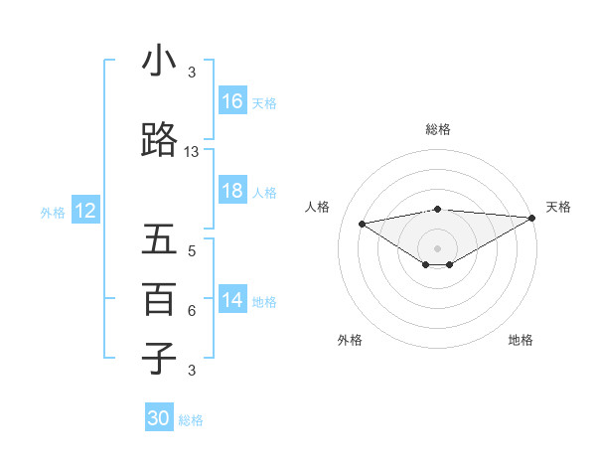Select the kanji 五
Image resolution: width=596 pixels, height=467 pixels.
(159, 240)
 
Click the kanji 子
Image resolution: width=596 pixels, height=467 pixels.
(159, 358)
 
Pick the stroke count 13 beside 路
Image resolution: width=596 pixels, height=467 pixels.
(192, 152)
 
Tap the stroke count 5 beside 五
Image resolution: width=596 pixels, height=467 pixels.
(192, 251)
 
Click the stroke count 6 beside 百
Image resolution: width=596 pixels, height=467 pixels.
(192, 311)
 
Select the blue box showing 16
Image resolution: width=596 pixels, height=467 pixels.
(232, 101)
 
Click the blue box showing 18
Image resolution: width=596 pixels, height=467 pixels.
(232, 191)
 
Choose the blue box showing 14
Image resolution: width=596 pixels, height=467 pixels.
(232, 300)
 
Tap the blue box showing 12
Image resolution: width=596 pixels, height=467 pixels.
(84, 211)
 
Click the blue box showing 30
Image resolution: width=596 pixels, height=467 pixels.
(159, 419)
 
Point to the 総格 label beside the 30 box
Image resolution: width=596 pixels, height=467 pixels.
(191, 420)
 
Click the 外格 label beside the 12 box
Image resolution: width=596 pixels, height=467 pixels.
(53, 212)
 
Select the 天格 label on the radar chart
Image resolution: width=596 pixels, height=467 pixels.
(558, 207)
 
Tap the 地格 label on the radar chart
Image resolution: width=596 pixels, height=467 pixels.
(521, 341)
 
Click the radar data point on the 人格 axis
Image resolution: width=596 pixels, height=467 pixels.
(363, 223)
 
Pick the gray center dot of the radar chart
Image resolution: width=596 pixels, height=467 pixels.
(437, 246)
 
